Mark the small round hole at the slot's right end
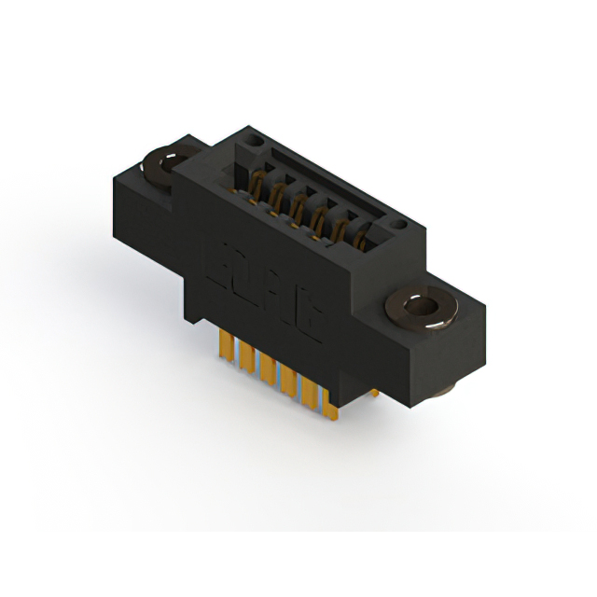pos(398,225)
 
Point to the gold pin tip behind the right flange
pos(372,393)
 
